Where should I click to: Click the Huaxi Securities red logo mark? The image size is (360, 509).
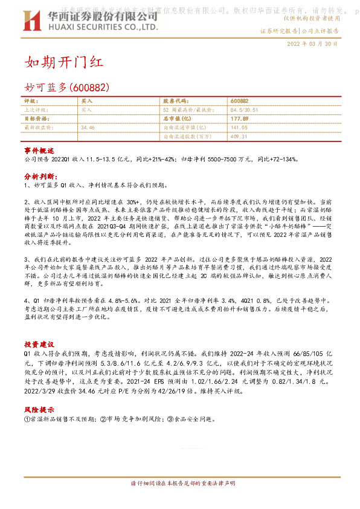coord(32,21)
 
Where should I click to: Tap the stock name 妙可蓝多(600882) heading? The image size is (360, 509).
coord(67,87)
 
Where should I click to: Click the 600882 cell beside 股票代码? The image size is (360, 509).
coord(240,101)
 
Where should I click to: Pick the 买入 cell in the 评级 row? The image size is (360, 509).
coord(87,101)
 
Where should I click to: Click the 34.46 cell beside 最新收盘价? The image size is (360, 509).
coord(88,128)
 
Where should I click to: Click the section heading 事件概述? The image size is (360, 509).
coord(39,149)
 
